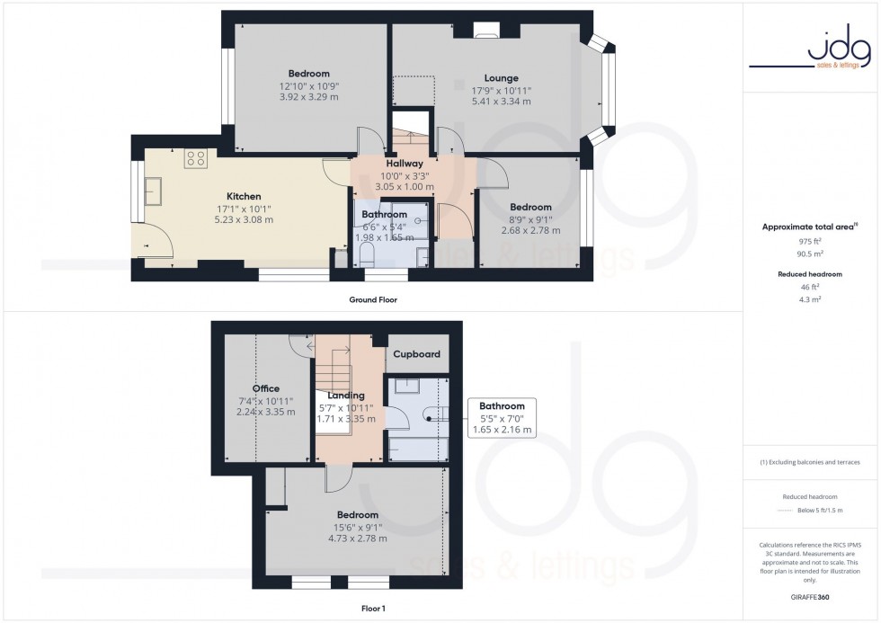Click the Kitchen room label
coord(244,196)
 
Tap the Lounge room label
coord(501,77)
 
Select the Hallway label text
coord(405,164)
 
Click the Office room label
coord(265,388)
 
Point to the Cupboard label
coord(416,354)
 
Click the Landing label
coord(346,395)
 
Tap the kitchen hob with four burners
coord(195,159)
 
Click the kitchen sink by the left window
coord(154,191)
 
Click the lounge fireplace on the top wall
coord(486,34)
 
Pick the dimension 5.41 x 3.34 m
coord(501,102)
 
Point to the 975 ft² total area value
coord(812,241)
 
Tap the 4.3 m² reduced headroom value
coord(812,298)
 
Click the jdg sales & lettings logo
coord(812,49)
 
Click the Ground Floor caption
coord(372,299)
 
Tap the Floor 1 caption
coord(372,609)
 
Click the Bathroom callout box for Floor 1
coord(502,418)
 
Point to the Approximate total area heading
coord(810,227)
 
